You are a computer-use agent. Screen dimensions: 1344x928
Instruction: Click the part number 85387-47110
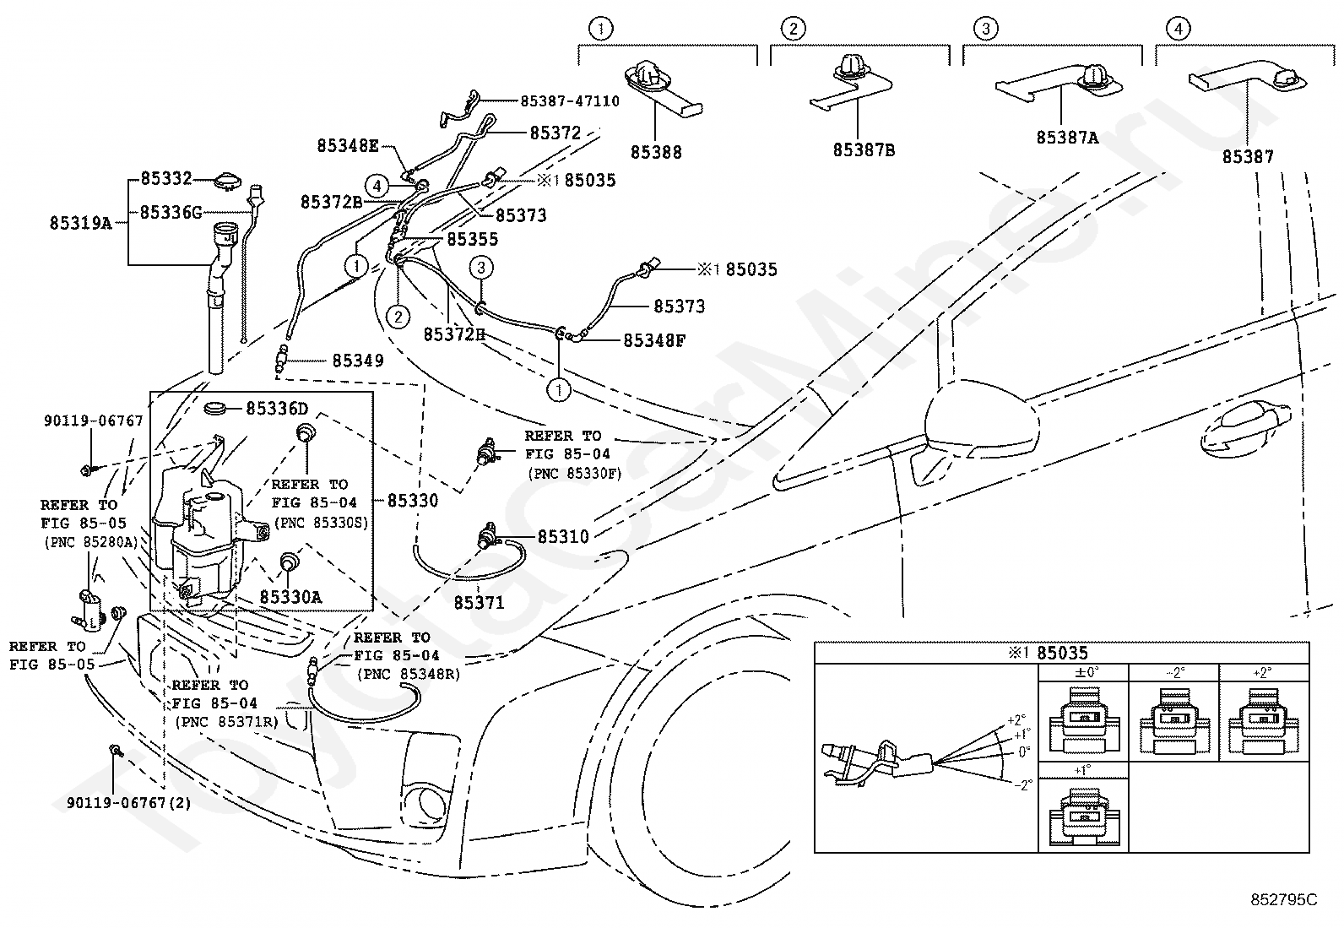(569, 100)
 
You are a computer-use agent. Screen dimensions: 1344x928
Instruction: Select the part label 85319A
(80, 223)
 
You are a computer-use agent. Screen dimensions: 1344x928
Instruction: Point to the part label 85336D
(277, 409)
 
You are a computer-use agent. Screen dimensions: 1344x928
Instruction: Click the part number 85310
(563, 536)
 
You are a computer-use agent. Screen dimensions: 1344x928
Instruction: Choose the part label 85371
(479, 602)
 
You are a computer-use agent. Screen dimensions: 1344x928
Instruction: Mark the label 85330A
(290, 597)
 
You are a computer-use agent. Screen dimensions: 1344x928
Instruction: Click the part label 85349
(358, 361)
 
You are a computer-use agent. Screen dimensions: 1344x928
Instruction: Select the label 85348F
(654, 340)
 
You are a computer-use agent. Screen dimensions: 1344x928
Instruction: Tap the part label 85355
(472, 239)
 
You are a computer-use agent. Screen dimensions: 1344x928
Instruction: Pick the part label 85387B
(864, 149)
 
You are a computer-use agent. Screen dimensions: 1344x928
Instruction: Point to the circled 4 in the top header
(1178, 28)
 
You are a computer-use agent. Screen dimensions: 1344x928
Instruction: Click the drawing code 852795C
(1283, 899)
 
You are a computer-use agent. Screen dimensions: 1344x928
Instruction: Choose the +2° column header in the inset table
(1262, 672)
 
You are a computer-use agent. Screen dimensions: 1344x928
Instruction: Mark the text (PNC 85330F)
(575, 474)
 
